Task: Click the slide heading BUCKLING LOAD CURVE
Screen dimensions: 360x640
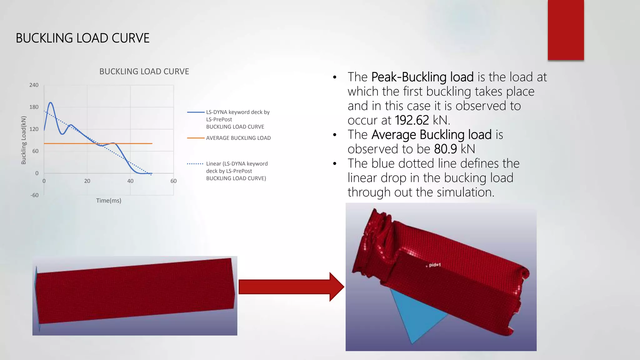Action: [x=82, y=38]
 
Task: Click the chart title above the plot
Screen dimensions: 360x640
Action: [x=144, y=72]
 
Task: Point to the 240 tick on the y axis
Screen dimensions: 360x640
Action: [x=34, y=85]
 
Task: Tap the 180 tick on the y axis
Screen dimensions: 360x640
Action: [x=34, y=107]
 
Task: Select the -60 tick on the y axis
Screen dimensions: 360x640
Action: [x=34, y=195]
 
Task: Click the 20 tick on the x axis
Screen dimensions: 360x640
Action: [x=87, y=181]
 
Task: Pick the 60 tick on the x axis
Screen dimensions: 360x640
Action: [x=173, y=181]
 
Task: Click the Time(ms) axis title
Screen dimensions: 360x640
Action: [x=108, y=201]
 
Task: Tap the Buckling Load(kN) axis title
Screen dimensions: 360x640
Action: [x=24, y=140]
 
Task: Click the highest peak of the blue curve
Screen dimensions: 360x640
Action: [x=50, y=102]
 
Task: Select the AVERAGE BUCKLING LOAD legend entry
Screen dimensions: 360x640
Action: [x=238, y=138]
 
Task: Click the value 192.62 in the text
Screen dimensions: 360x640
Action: [x=412, y=120]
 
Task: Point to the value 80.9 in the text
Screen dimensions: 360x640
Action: [x=445, y=149]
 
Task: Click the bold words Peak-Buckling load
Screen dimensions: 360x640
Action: [x=422, y=77]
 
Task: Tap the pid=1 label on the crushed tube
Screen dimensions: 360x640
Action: [x=434, y=265]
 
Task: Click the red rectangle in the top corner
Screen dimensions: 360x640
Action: [x=566, y=30]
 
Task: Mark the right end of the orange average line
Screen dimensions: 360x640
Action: [x=152, y=143]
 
